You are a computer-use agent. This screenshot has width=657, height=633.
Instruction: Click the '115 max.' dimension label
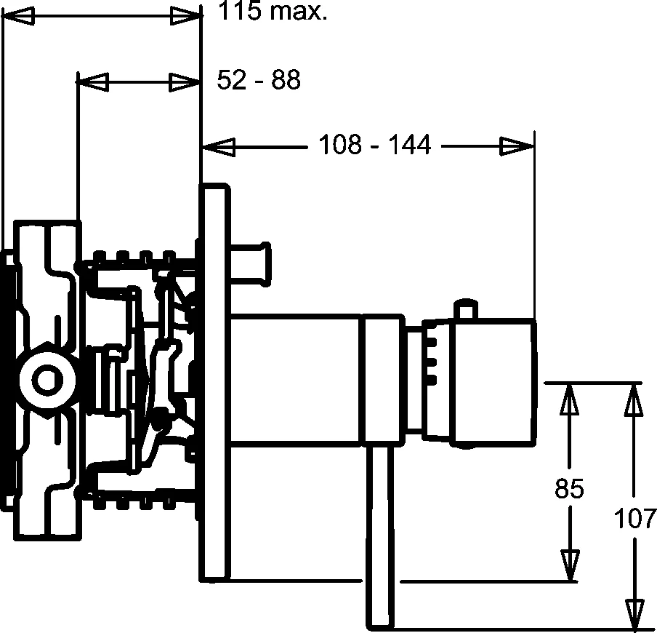[x=273, y=12]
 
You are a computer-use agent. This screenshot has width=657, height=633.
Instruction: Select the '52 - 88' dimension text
[x=259, y=79]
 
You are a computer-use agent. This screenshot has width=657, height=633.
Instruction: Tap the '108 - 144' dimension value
[x=374, y=145]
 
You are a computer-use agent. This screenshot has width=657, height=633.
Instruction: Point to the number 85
[x=569, y=488]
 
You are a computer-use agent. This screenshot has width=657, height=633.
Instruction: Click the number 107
[x=634, y=518]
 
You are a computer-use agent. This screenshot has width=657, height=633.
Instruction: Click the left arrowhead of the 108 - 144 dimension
[x=219, y=147]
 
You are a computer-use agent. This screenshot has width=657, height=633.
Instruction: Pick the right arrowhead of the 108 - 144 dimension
[x=517, y=146]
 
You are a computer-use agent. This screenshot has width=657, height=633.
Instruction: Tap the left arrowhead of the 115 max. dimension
[x=18, y=16]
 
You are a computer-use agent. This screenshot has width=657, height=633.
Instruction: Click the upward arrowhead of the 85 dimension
[x=569, y=399]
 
